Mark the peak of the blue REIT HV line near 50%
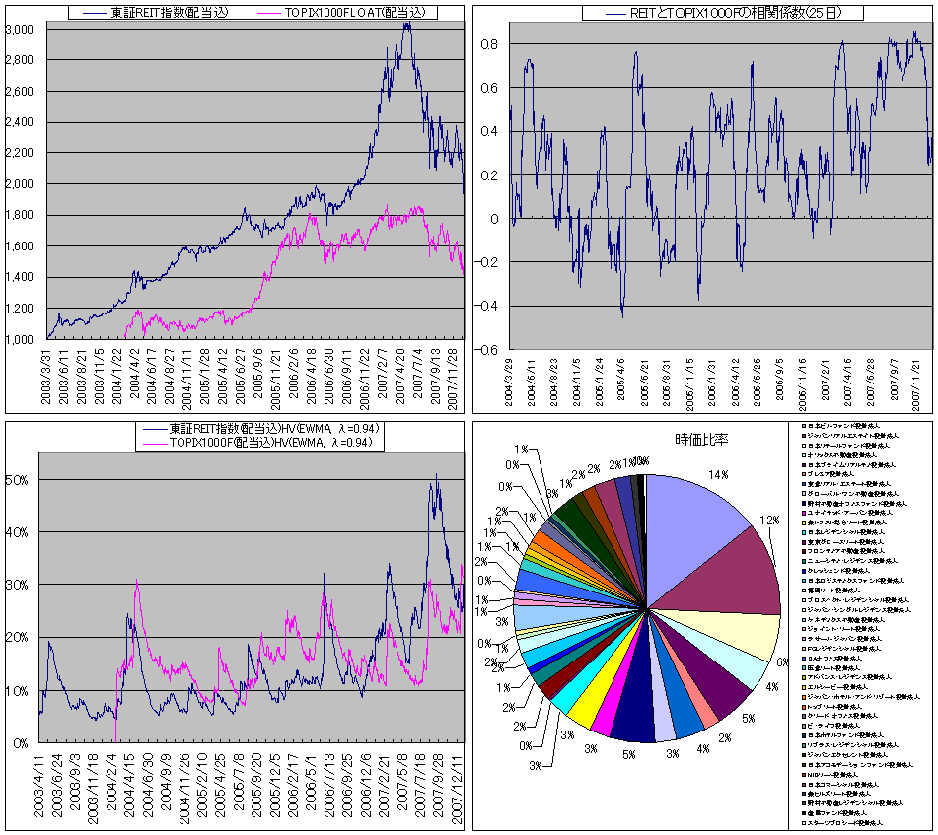(436, 475)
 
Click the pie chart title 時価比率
(701, 439)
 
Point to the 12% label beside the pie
(770, 520)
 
